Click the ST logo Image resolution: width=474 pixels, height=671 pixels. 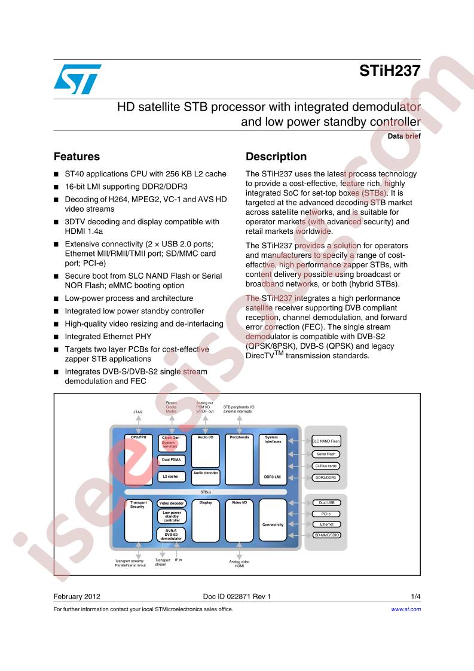tap(78, 79)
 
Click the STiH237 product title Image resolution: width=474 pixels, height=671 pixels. tap(390, 71)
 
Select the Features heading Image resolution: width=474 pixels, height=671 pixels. tap(77, 157)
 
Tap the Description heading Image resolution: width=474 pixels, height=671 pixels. tap(276, 157)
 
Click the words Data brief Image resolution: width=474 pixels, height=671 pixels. tap(404, 136)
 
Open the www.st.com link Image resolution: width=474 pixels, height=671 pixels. tap(406, 609)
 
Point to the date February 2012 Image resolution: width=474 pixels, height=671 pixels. tap(77, 596)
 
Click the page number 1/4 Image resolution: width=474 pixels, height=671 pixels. tap(416, 596)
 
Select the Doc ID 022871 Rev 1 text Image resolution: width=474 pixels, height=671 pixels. tap(237, 596)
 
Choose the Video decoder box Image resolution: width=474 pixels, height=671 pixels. tap(172, 504)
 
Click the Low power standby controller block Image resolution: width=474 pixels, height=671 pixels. tap(172, 517)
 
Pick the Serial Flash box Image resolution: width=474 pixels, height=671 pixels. tap(326, 454)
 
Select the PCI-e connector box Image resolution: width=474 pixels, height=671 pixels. tap(326, 514)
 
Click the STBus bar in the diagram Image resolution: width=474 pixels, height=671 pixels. tap(206, 492)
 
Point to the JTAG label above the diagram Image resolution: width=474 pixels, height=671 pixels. tap(137, 412)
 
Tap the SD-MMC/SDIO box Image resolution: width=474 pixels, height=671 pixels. tap(326, 535)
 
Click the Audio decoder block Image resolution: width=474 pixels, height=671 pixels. tap(206, 478)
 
